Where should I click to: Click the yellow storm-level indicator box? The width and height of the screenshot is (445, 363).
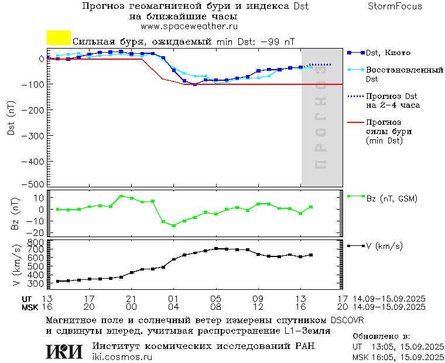(x=59, y=38)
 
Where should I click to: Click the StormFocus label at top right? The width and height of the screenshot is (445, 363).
(x=395, y=6)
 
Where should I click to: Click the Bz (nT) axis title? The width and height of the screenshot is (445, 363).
(x=16, y=214)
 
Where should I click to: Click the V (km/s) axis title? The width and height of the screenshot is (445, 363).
(x=16, y=265)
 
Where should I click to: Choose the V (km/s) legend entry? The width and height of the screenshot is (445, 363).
(x=384, y=246)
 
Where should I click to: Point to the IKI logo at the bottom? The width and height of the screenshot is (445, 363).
(x=65, y=351)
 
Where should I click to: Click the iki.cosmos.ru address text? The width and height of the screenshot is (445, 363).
(x=122, y=357)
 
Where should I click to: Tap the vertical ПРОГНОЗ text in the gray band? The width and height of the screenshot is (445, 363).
(x=321, y=117)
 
